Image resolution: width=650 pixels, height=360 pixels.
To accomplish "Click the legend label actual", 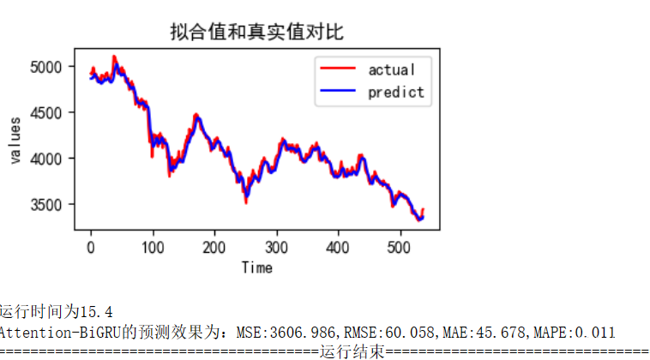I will pyautogui.click(x=391, y=69).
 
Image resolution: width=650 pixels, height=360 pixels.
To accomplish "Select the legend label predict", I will pyautogui.click(x=395, y=92).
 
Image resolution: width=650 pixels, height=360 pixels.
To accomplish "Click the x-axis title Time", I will pyautogui.click(x=256, y=267).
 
